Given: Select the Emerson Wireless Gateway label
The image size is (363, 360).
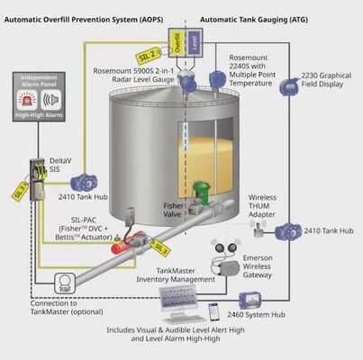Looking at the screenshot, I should click(264, 267).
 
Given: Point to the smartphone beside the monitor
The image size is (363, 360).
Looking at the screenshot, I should click(215, 311).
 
